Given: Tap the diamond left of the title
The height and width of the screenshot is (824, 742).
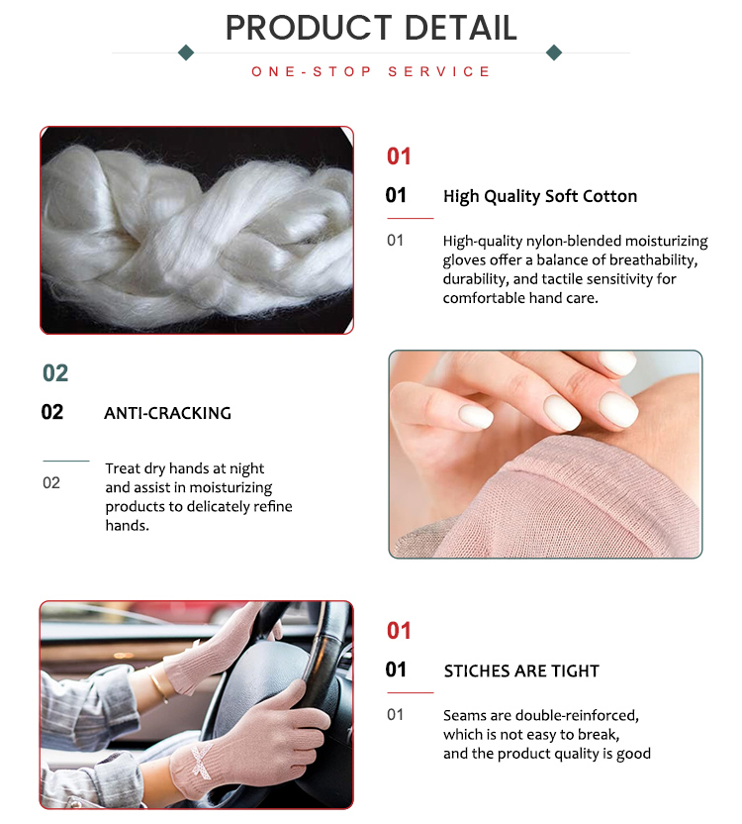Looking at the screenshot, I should click(x=185, y=52).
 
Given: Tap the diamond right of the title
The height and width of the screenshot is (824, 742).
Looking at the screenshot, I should click(x=554, y=52).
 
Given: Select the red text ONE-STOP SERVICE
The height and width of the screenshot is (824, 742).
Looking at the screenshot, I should click(x=371, y=72).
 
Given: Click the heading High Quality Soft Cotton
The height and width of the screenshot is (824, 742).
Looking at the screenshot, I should click(x=540, y=196).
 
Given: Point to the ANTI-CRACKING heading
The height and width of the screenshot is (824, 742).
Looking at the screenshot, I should click(x=167, y=413).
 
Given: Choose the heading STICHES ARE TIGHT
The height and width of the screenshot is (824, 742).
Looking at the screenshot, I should click(x=521, y=671).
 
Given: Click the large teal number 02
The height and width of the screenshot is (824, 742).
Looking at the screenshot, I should click(x=55, y=373).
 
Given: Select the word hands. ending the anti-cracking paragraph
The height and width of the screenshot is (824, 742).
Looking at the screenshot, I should click(x=127, y=526).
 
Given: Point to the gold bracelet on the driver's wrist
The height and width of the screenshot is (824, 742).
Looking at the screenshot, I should click(x=159, y=682).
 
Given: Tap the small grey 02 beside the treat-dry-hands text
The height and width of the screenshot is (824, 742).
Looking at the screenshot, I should click(x=51, y=483).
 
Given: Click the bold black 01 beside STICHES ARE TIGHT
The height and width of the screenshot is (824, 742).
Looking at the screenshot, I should click(x=396, y=670).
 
